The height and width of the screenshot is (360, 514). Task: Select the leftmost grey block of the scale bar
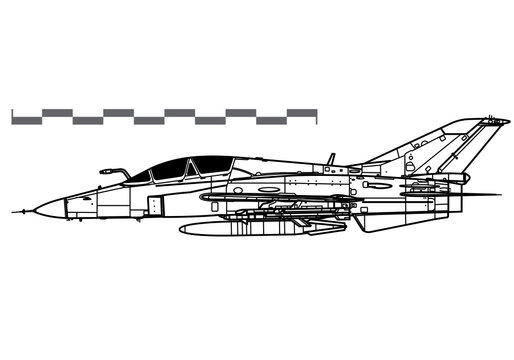coord(26,119)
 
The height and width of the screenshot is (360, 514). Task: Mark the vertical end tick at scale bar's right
coord(318,116)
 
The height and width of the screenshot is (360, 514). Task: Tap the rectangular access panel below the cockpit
coord(153,206)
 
